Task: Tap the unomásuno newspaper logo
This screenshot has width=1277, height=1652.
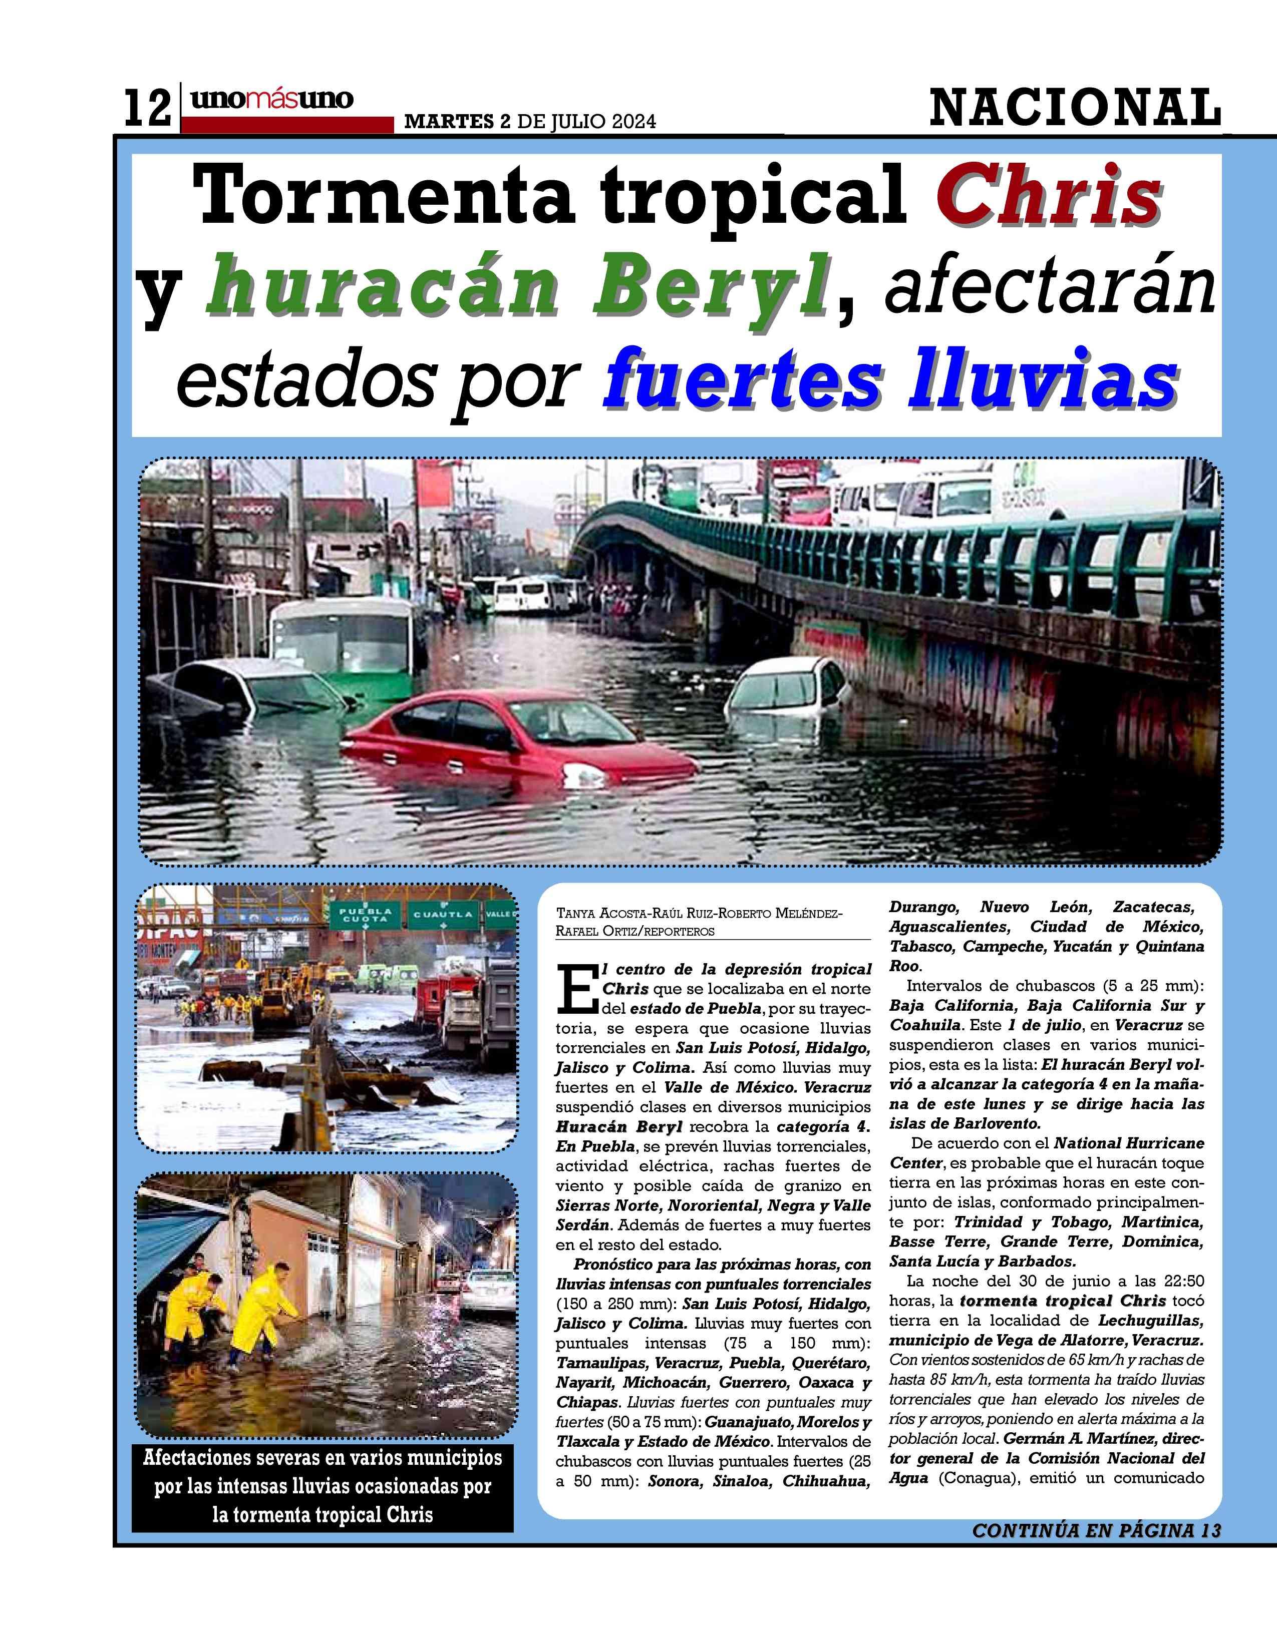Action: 271,99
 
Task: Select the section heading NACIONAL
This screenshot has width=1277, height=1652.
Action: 1074,108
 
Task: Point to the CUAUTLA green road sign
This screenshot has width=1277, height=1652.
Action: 443,915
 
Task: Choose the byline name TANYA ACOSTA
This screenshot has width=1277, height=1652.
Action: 597,914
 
